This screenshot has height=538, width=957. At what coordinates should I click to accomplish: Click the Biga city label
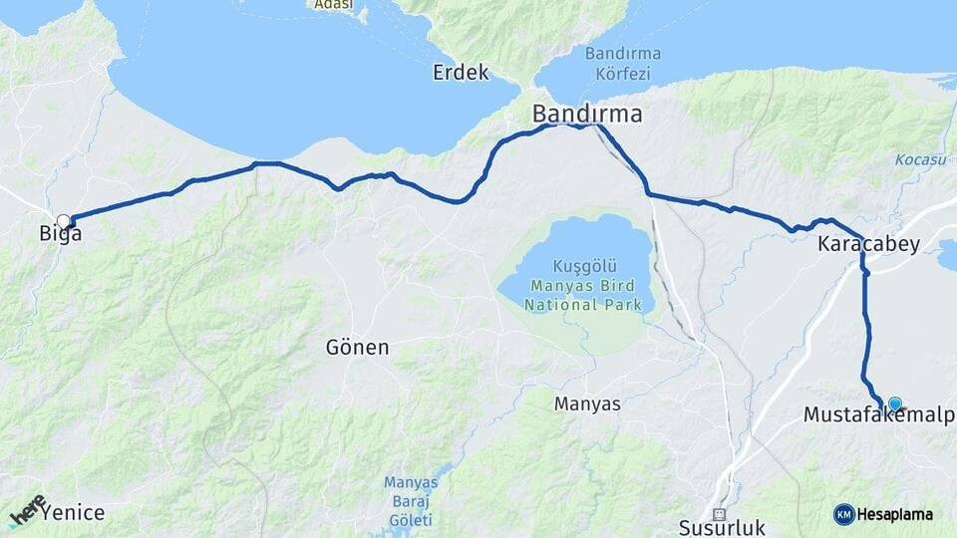(60, 235)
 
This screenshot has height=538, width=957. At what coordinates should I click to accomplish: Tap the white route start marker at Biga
(64, 221)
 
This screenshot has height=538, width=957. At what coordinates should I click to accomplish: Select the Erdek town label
(461, 73)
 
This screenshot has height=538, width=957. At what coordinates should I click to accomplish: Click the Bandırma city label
(586, 114)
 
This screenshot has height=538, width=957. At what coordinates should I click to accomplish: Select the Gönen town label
(357, 348)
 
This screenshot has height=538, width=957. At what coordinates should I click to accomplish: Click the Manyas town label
(587, 404)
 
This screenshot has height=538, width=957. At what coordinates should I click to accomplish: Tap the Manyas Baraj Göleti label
(410, 501)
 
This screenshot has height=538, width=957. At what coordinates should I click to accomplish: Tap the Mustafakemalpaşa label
(878, 415)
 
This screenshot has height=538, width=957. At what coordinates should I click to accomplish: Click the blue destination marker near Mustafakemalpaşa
(894, 403)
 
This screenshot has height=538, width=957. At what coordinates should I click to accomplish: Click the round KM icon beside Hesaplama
(844, 514)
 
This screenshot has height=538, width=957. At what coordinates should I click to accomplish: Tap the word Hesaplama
(896, 514)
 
